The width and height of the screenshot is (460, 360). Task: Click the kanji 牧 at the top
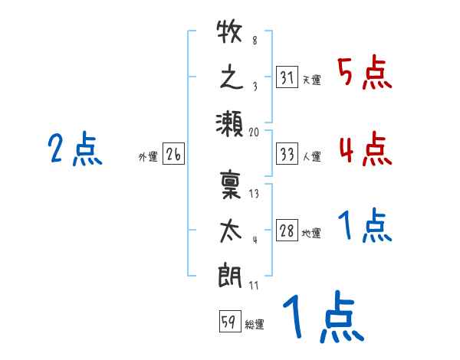[x=229, y=35]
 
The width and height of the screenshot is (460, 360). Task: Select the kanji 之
[x=229, y=77]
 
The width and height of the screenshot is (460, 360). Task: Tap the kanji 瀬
[x=229, y=122]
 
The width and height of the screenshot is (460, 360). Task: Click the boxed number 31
[x=287, y=77]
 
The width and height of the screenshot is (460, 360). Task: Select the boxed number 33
[x=287, y=155]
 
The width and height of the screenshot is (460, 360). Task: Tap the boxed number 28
[x=287, y=231]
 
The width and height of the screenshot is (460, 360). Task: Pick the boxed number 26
[x=173, y=155]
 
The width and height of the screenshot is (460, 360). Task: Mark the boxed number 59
[x=229, y=322]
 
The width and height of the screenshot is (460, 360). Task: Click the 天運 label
[x=311, y=80]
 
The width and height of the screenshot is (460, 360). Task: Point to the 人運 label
[x=311, y=157]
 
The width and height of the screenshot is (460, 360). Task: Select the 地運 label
[x=311, y=234]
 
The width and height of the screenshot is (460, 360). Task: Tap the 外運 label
[x=148, y=157]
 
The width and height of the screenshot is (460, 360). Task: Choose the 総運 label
[x=255, y=324]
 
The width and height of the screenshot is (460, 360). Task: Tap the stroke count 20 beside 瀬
[x=254, y=132]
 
